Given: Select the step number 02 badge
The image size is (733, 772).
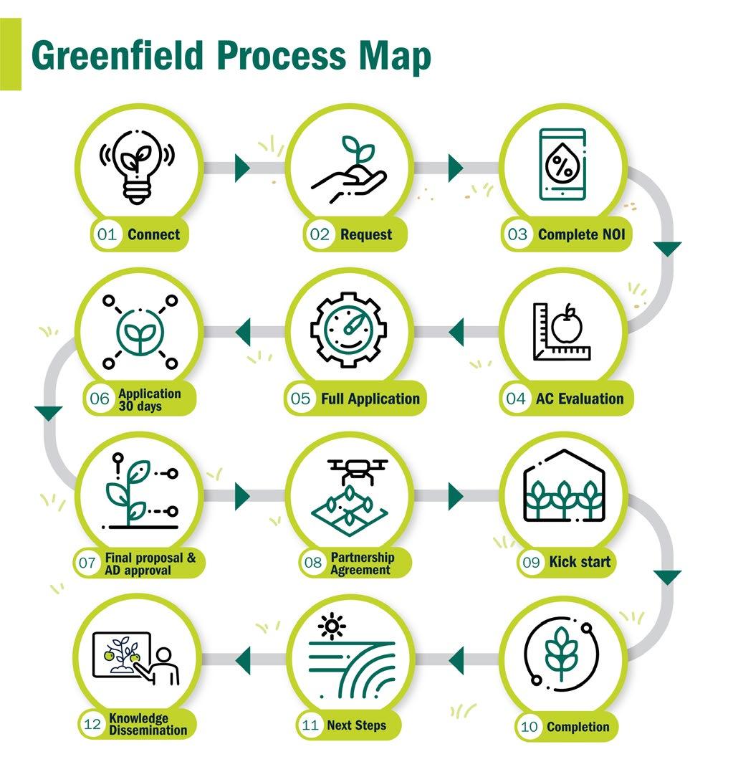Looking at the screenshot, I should click(x=317, y=234).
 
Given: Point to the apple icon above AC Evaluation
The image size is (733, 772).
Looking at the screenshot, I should click(x=567, y=326).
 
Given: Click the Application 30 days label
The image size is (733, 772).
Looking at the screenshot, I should click(x=150, y=400).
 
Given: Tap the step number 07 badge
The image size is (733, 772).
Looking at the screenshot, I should click(x=87, y=563).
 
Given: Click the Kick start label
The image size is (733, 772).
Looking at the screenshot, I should click(x=580, y=562).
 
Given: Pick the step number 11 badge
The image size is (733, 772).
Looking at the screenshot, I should click(x=310, y=725).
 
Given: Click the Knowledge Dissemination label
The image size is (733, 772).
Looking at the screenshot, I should click(x=148, y=725).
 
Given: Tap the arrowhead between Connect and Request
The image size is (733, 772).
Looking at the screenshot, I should click(x=242, y=168).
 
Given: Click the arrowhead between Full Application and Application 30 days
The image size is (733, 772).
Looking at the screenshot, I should click(x=242, y=332).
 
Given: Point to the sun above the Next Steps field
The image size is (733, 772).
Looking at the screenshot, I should click(x=331, y=625).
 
